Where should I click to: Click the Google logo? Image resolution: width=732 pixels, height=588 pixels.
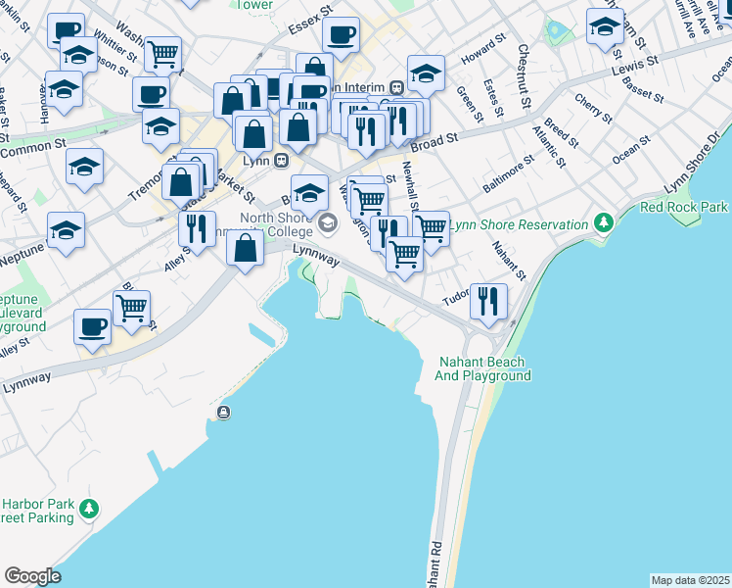click(x=32, y=576)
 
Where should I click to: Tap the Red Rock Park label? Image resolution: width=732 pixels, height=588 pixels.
click(x=684, y=207)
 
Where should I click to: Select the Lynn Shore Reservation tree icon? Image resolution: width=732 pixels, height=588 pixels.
click(x=604, y=224)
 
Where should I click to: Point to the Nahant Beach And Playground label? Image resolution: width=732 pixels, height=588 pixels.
click(x=482, y=368)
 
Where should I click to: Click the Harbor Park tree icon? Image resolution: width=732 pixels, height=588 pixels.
click(x=89, y=509)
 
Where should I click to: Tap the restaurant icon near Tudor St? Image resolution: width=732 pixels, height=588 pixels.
click(x=487, y=300)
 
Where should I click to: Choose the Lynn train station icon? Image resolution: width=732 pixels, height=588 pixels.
click(x=282, y=160)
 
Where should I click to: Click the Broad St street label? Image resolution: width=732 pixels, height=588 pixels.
click(x=435, y=143)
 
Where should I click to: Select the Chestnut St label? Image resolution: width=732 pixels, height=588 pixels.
click(x=525, y=75)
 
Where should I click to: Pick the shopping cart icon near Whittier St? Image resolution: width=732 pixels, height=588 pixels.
click(x=162, y=53)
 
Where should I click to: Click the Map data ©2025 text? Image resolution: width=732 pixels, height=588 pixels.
click(x=690, y=580)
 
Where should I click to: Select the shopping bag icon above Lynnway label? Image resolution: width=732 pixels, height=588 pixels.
click(x=245, y=247)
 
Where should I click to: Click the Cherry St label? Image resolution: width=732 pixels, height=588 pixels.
click(x=594, y=109)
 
